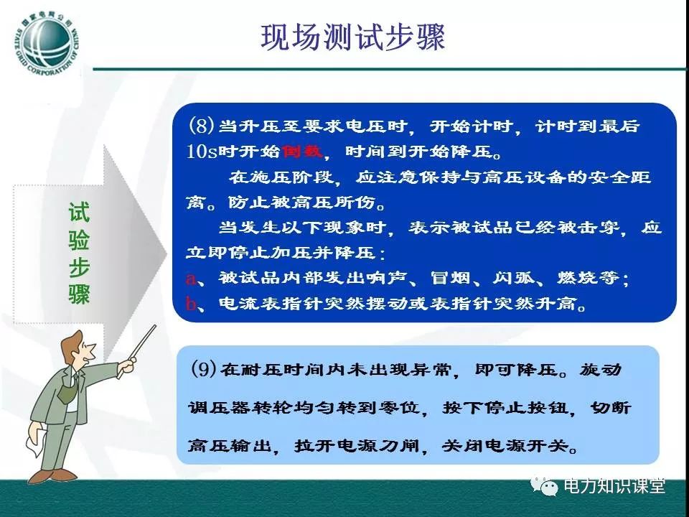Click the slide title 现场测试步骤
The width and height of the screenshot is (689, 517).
[353, 37]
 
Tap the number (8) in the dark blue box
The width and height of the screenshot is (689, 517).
[201, 126]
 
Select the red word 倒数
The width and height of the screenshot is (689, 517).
[303, 152]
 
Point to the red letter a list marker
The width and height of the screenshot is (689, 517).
[191, 279]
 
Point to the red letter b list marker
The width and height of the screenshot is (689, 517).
[191, 303]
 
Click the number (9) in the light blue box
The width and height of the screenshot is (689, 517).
[204, 368]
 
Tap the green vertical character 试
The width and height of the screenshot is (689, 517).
[79, 213]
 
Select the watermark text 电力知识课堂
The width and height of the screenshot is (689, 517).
[614, 486]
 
